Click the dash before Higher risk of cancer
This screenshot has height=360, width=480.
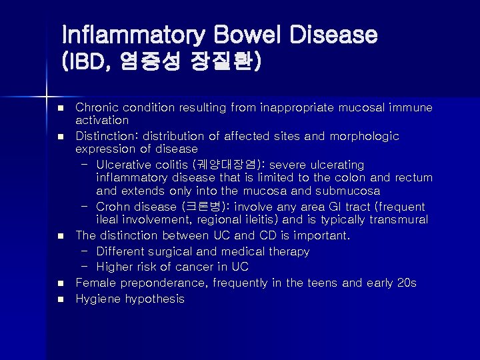click(x=85, y=267)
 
